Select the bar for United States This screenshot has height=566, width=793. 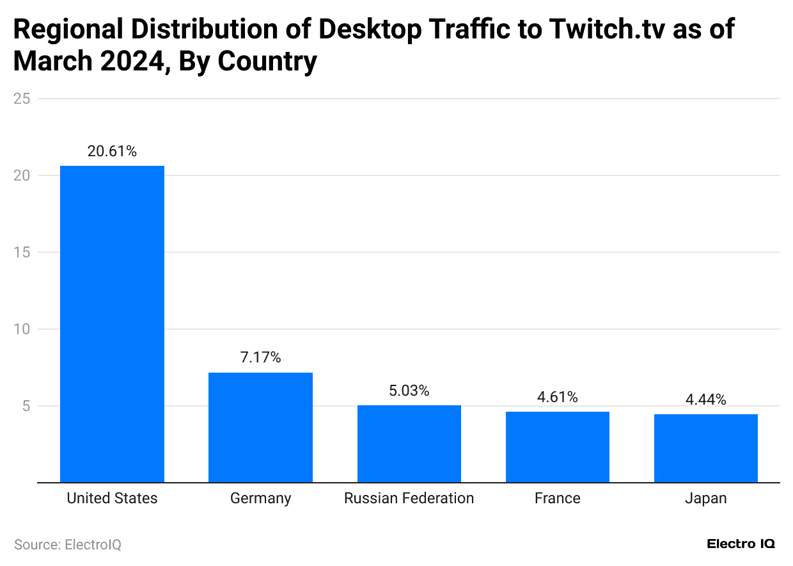coord(112,324)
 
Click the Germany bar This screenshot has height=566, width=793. coord(260,427)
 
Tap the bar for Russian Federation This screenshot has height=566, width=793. coord(409,444)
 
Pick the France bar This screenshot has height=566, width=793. coord(557,447)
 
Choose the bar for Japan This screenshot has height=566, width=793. coord(705,448)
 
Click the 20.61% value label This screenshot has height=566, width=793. coord(112,152)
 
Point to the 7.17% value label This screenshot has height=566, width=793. coord(260,358)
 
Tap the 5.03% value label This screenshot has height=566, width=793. coord(409,391)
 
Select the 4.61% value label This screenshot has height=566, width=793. coord(557,397)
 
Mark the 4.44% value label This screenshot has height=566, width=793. coord(705,400)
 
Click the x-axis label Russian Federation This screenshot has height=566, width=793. coord(409,498)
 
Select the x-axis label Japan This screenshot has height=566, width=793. coord(705,498)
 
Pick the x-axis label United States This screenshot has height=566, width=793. coord(112,498)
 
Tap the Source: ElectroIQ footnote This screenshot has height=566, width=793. coord(68,545)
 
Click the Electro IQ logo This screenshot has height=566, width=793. coord(741,544)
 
